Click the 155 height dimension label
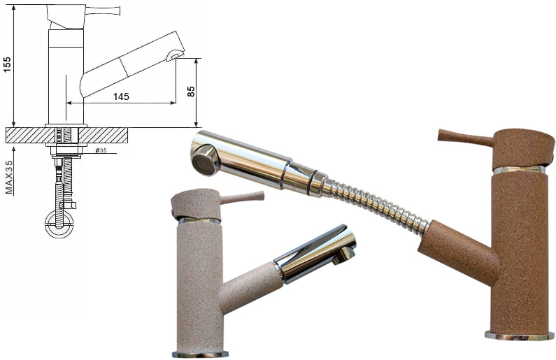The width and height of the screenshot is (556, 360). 8,64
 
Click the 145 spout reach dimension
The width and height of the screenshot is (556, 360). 121,96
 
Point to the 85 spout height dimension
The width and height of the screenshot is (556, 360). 191,92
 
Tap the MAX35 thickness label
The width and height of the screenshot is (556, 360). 9,177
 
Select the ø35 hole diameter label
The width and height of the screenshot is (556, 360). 101,150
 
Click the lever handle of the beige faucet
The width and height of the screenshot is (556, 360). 243,197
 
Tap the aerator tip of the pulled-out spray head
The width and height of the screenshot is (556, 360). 204,161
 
